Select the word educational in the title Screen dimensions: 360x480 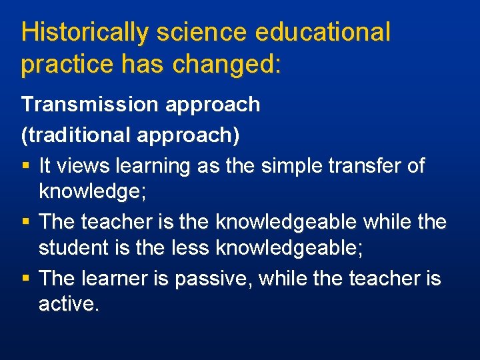[322, 32]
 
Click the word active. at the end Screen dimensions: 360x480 [69, 305]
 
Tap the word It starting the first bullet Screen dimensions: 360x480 [45, 165]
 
